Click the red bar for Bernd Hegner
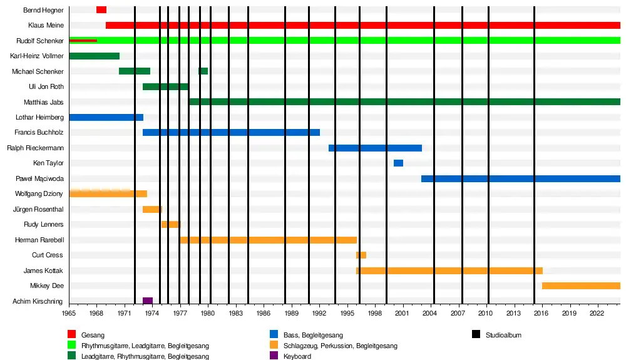101,10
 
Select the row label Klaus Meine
46,26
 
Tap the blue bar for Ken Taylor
398,163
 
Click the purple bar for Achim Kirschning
148,301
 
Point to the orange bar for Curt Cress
361,255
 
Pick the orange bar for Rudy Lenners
170,225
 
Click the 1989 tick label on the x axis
290,312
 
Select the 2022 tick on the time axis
596,312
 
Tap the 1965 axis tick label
69,312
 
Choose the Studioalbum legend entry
503,335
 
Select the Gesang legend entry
93,335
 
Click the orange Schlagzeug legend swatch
274,346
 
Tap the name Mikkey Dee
46,286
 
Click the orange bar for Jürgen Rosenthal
152,210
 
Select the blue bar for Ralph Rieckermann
375,148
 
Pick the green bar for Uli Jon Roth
165,87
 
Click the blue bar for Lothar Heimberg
106,118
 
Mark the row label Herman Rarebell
39,240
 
